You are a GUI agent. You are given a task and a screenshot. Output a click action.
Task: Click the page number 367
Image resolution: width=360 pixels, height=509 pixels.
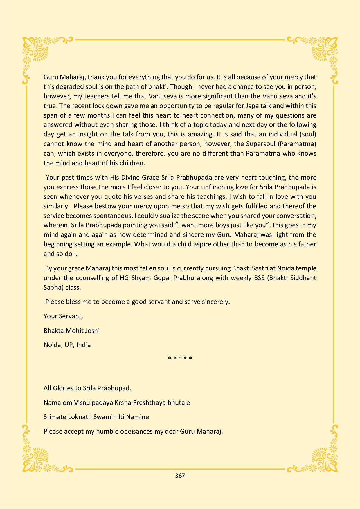180,475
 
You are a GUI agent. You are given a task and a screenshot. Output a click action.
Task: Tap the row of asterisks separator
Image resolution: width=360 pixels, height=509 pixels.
180,358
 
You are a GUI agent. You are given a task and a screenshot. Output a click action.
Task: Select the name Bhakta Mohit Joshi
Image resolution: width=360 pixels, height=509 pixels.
71,331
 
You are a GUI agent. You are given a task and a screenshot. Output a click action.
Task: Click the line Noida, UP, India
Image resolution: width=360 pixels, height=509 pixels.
67,345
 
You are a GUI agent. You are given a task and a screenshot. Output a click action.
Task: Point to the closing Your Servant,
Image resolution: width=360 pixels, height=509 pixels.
63,316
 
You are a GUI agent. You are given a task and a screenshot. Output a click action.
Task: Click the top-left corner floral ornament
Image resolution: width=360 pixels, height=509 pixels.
36,51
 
